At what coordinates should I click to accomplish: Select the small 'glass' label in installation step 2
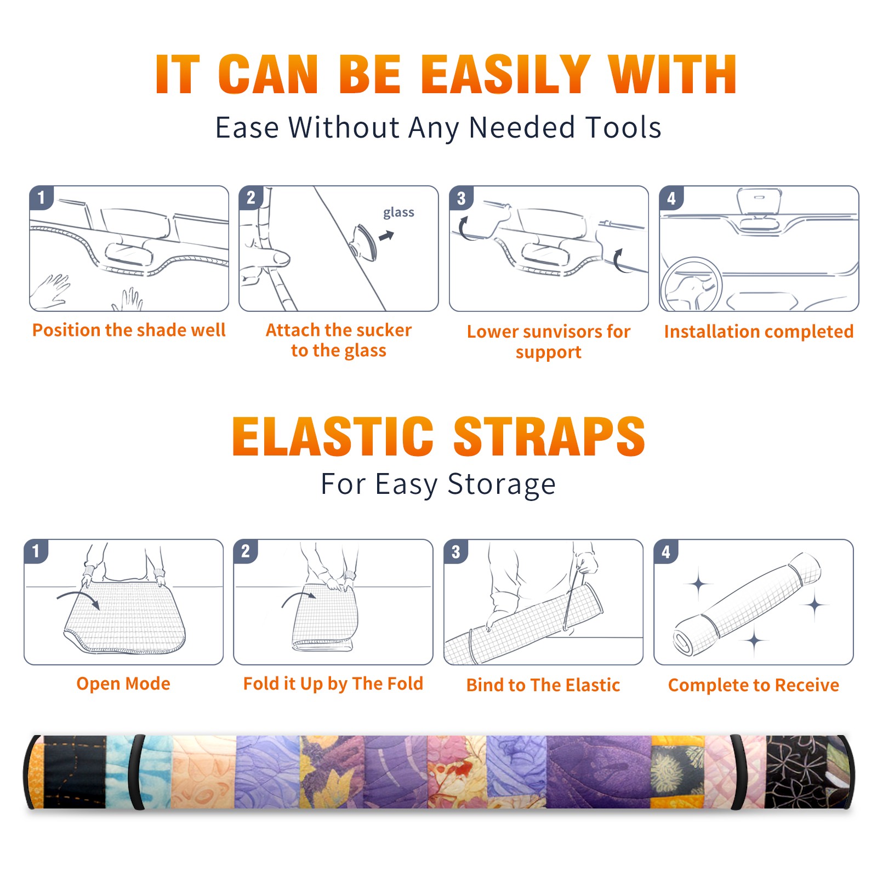pos(398,213)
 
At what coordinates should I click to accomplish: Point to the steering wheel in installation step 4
pos(691,285)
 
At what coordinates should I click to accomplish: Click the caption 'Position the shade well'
pos(129,330)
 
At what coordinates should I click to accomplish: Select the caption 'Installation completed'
pos(759,332)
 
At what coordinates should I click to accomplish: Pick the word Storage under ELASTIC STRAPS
pos(502,485)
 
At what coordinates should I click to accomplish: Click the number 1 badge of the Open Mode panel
pos(36,551)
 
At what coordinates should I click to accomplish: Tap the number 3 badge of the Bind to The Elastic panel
pos(456,551)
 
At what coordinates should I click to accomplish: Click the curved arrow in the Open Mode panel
pos(78,598)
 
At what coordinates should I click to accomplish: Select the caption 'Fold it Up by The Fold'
pos(333,684)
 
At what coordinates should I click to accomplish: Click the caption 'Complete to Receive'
pos(754,685)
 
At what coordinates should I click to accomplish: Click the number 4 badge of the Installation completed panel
pos(671,198)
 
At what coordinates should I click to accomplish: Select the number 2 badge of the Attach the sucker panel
pos(251,198)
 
